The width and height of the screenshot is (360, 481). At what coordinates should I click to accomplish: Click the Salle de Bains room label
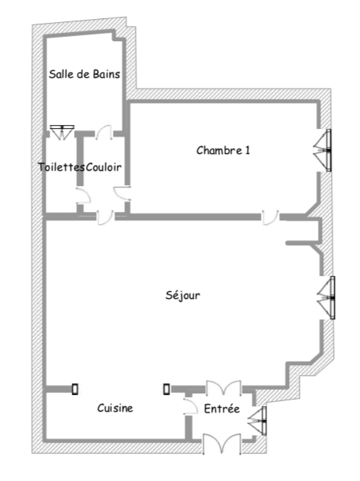click(x=85, y=74)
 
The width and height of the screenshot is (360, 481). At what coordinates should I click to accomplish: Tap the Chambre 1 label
click(x=223, y=150)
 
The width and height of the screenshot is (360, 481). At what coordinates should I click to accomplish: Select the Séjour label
click(x=183, y=296)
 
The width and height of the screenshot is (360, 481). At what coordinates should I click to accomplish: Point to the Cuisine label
click(x=115, y=408)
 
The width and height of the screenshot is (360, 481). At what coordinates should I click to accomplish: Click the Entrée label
click(x=222, y=409)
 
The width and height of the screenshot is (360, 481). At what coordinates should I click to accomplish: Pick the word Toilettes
click(x=61, y=167)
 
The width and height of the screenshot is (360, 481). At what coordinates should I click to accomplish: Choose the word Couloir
click(x=104, y=167)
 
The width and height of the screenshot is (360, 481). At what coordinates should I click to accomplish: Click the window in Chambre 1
click(x=323, y=150)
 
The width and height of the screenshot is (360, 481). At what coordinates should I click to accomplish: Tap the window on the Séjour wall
click(x=326, y=297)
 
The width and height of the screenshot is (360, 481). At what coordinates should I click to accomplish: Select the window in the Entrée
click(x=258, y=421)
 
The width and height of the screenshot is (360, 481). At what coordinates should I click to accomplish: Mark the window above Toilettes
click(x=62, y=132)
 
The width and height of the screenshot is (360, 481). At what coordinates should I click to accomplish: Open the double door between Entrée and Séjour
click(x=223, y=388)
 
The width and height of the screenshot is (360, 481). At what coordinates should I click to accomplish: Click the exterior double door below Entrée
click(x=222, y=444)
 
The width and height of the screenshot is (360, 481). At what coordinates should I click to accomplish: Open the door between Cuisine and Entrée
click(x=191, y=406)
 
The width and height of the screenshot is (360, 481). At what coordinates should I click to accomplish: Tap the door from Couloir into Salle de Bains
click(x=104, y=133)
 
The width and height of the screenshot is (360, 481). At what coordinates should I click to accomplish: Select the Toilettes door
click(x=83, y=196)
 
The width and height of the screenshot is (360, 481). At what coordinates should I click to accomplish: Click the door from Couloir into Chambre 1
click(x=122, y=194)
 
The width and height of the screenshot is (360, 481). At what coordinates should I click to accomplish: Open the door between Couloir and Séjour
click(x=105, y=217)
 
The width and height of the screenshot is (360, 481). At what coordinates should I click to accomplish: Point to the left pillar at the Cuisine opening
click(x=75, y=390)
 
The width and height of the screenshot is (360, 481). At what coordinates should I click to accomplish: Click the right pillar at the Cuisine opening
click(x=166, y=390)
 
